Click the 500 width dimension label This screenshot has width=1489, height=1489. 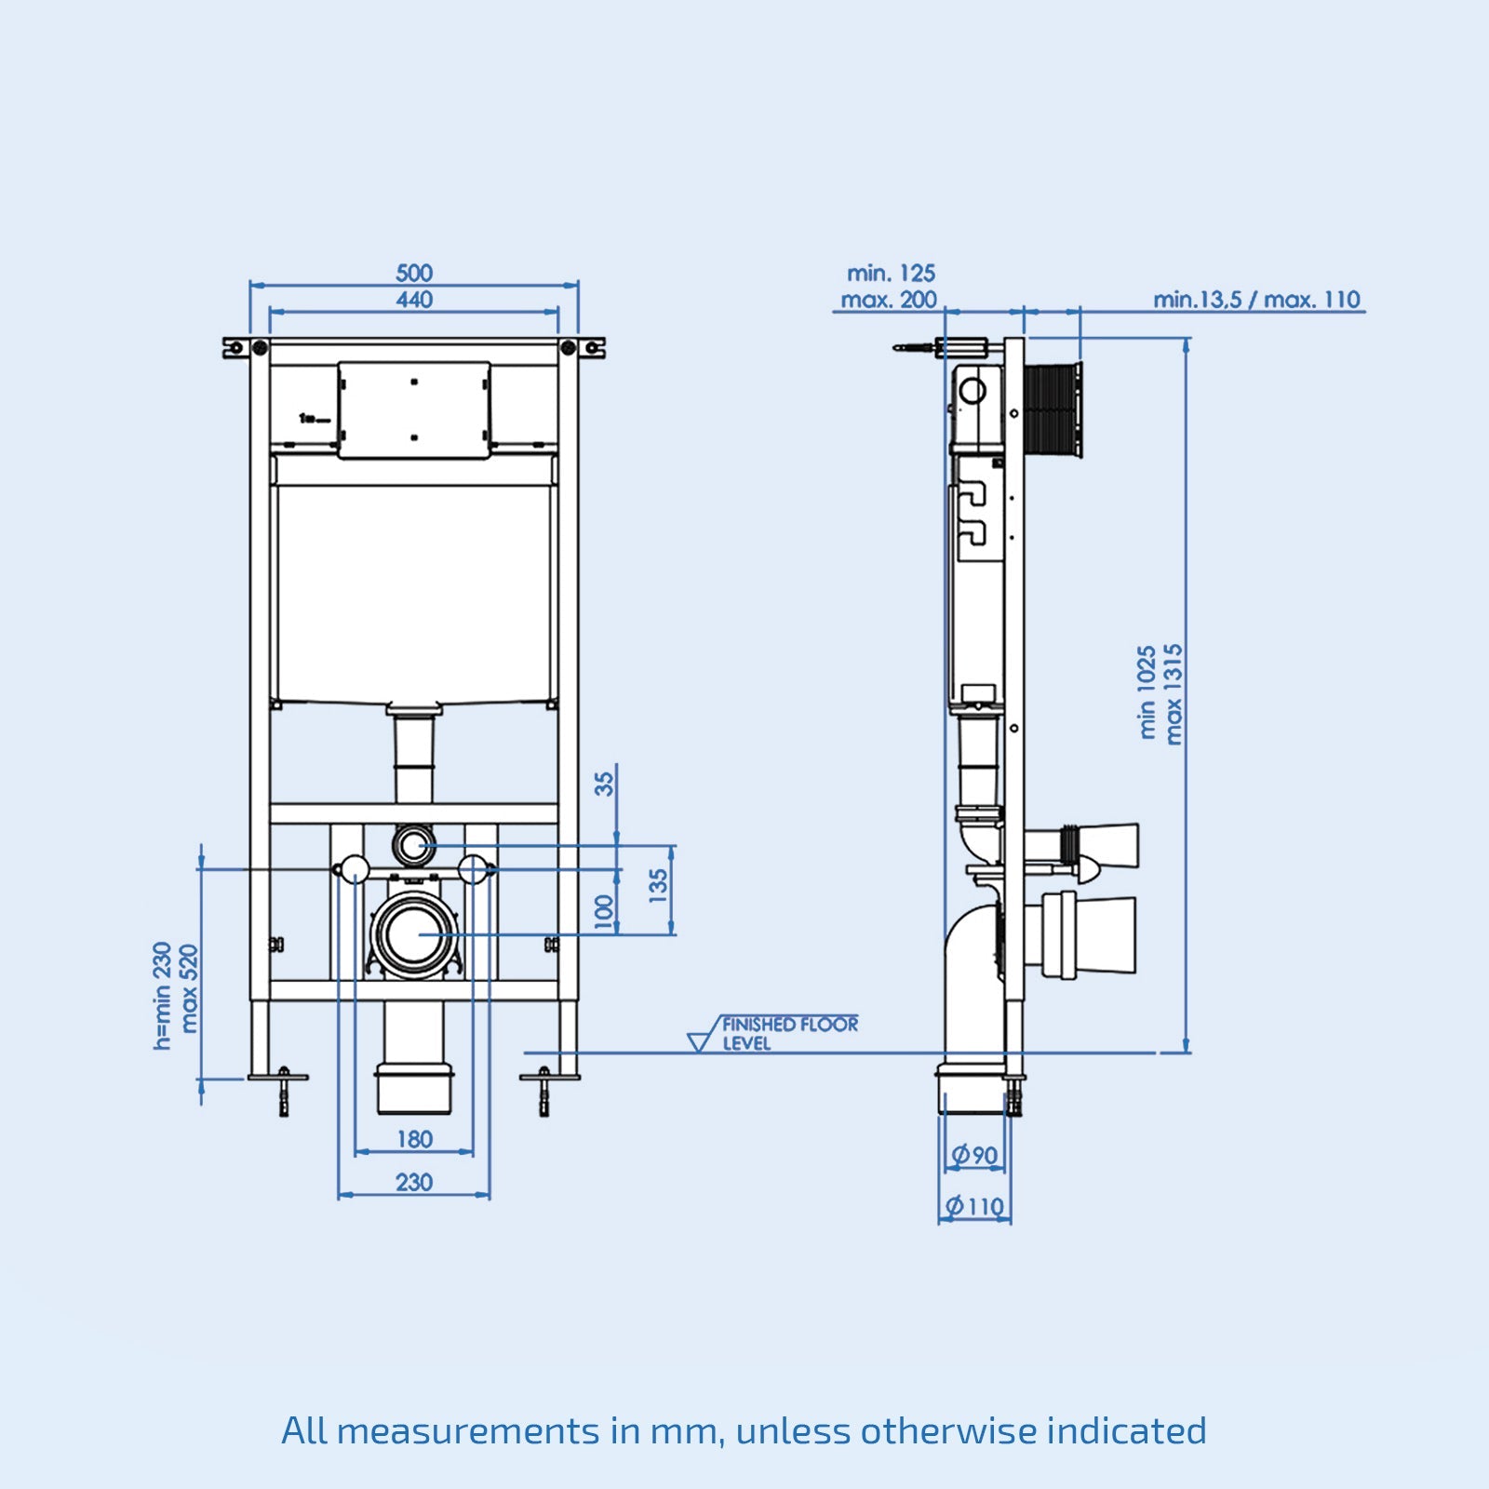coord(414,273)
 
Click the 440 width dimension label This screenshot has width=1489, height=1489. coord(414,300)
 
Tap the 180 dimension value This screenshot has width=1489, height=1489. coord(414,1139)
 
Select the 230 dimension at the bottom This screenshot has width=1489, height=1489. coord(414,1182)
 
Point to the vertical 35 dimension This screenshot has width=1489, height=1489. coord(605,784)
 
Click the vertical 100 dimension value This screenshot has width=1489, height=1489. coord(605,912)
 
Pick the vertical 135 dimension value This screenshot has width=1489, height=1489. coord(659,886)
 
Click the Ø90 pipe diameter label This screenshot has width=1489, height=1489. coord(974,1156)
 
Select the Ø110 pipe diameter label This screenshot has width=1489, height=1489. coord(974,1207)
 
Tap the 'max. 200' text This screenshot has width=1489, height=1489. coord(889,300)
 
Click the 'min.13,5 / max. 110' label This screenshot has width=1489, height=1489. coord(1256,300)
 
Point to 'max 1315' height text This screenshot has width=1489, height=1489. coord(1174,693)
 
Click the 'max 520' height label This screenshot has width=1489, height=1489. coord(189,988)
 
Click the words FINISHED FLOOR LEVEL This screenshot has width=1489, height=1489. coord(789,1033)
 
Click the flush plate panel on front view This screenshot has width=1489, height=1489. coord(414,409)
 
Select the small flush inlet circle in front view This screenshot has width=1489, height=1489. coord(413,845)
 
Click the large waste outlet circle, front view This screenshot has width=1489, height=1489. coord(414,934)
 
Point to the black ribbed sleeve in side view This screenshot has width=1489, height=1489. coord(1053,410)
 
